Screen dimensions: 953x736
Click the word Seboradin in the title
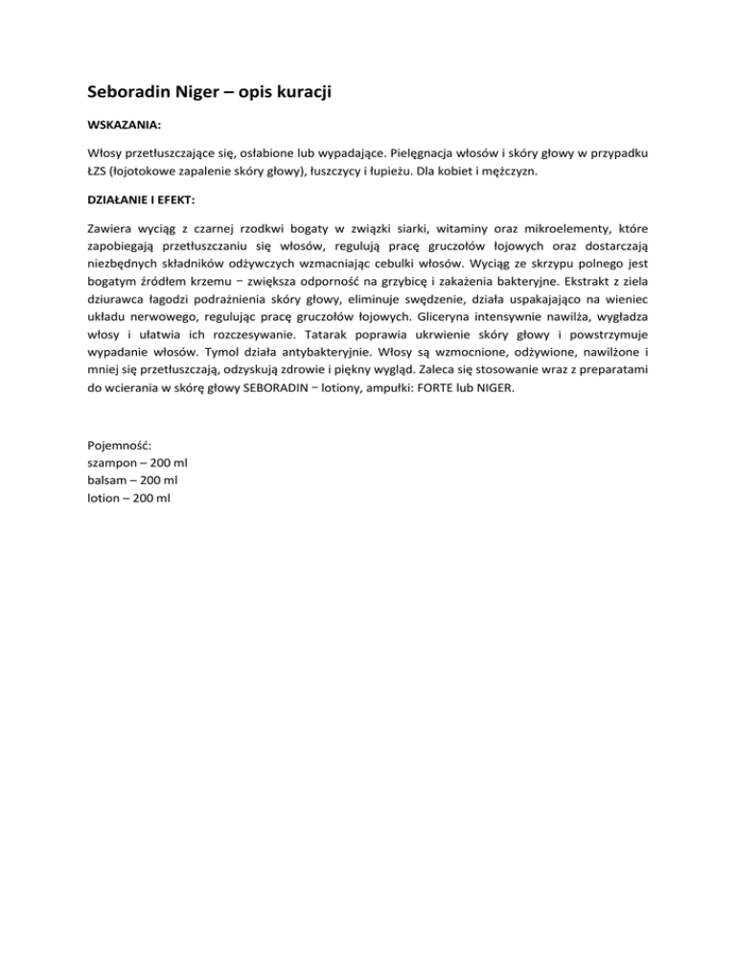[127, 94]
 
